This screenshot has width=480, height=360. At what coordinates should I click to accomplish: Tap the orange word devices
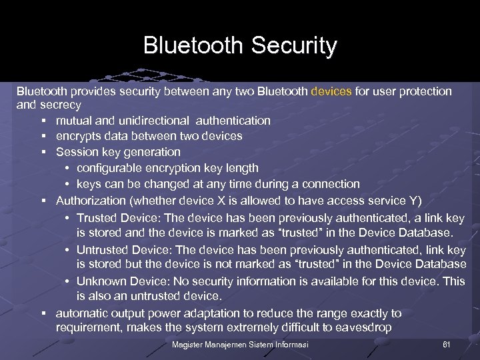coord(331,91)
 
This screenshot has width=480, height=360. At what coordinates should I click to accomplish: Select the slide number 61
coord(447,344)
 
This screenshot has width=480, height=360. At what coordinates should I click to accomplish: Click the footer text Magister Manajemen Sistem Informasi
coord(240,344)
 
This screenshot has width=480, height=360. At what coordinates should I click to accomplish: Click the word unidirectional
coord(156,121)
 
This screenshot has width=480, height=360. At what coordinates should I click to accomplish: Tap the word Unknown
coord(100,281)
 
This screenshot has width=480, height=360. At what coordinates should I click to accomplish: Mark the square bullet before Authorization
coord(42,200)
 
